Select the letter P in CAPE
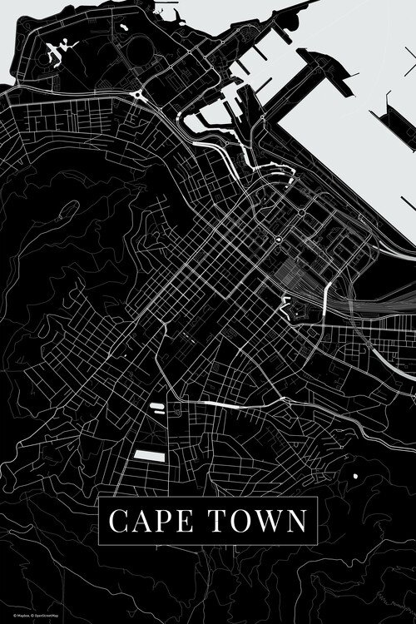pyautogui.click(x=163, y=522)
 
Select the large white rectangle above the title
pyautogui.click(x=150, y=455)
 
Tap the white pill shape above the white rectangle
pyautogui.click(x=156, y=407)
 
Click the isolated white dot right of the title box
pyautogui.click(x=355, y=476)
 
